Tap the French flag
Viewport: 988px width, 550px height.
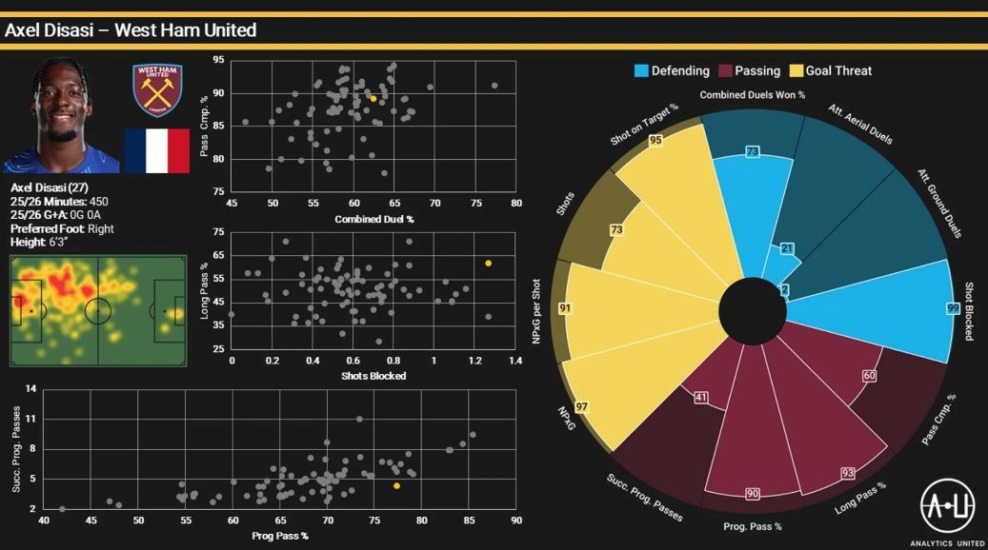[157, 151]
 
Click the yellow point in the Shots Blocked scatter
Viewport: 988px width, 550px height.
[488, 263]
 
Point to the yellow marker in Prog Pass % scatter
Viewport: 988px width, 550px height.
[396, 485]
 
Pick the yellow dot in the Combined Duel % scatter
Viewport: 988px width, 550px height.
[373, 98]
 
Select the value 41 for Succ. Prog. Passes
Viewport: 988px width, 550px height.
[702, 397]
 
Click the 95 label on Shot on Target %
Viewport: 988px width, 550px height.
[655, 140]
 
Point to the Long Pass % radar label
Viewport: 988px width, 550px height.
[860, 498]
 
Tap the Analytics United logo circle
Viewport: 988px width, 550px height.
[947, 504]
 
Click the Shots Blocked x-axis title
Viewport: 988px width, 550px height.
[373, 376]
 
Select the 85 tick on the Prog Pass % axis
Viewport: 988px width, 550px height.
[469, 521]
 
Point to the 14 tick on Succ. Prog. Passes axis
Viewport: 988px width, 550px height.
[31, 388]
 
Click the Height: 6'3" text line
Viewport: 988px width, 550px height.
[41, 243]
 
